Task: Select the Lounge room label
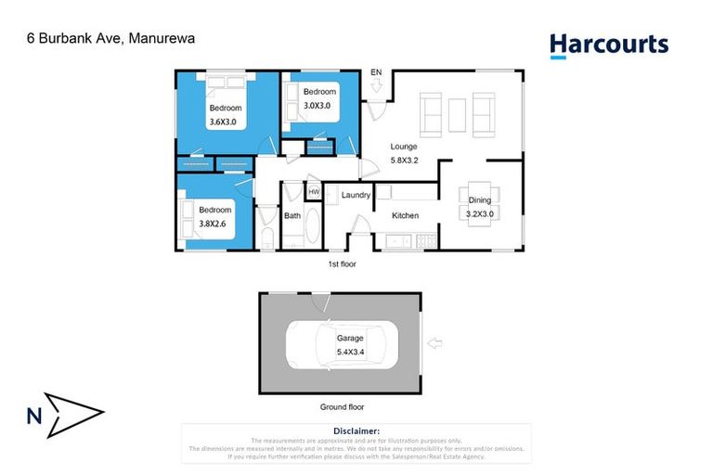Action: pos(403,146)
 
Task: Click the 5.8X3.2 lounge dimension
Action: pos(403,160)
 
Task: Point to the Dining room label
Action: pos(480,199)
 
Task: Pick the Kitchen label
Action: pos(405,215)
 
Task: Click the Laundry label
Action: pos(356,195)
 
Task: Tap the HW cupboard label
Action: pos(314,192)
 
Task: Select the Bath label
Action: pos(292,215)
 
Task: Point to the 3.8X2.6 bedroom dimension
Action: pos(214,223)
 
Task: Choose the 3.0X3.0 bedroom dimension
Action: pos(318,105)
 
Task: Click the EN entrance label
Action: pos(376,72)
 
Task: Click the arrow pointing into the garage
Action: pos(434,344)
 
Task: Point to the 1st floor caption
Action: pos(343,264)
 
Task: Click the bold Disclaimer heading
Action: pos(356,431)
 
